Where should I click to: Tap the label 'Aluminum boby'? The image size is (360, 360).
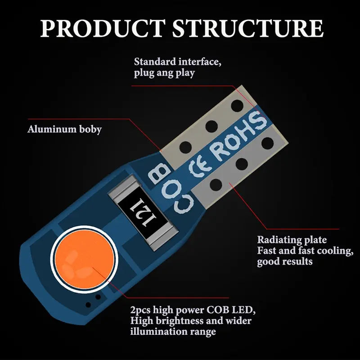[x=65, y=130]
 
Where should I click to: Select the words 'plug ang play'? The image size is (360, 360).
[x=164, y=73]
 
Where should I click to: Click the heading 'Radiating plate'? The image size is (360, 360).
[x=292, y=240]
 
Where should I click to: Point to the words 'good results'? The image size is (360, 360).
[x=284, y=261]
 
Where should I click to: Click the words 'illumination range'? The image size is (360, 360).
[x=173, y=332]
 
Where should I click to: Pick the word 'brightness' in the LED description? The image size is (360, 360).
[x=177, y=321]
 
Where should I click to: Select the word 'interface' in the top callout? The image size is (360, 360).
[x=200, y=61]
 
